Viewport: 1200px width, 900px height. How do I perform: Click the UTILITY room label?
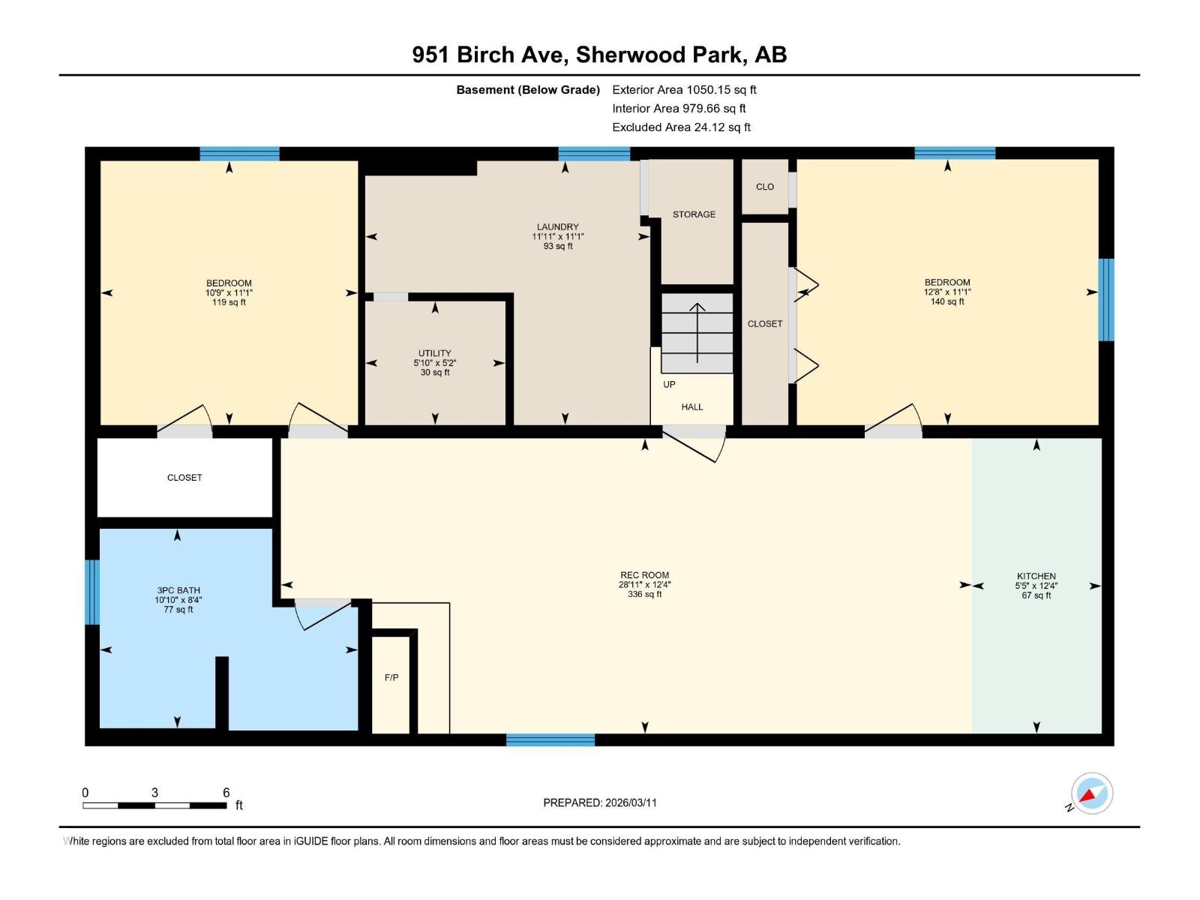(435, 353)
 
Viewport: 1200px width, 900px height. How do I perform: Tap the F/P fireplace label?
(391, 677)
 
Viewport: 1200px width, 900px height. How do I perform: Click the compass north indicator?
(1091, 793)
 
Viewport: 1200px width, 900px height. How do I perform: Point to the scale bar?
(154, 805)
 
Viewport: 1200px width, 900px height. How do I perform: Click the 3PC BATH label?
(178, 590)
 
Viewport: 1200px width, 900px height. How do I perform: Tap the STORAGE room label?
(694, 214)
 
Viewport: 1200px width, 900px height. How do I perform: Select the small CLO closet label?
(765, 187)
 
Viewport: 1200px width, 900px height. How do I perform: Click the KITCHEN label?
(1036, 576)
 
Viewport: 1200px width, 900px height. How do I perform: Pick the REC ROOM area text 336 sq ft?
(644, 595)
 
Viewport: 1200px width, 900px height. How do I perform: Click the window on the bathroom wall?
(92, 592)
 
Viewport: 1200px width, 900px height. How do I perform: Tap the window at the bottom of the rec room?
(550, 740)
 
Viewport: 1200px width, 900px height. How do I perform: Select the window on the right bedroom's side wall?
(1106, 299)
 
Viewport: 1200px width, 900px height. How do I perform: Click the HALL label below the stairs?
(692, 407)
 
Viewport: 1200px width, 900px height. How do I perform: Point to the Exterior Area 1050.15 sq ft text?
(684, 90)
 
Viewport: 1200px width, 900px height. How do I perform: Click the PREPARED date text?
(600, 802)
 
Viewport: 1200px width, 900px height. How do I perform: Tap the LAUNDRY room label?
(558, 226)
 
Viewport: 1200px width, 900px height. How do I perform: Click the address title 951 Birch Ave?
(599, 55)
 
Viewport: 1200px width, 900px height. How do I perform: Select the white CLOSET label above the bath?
(184, 478)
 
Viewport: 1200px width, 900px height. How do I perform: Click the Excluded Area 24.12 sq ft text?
(681, 127)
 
